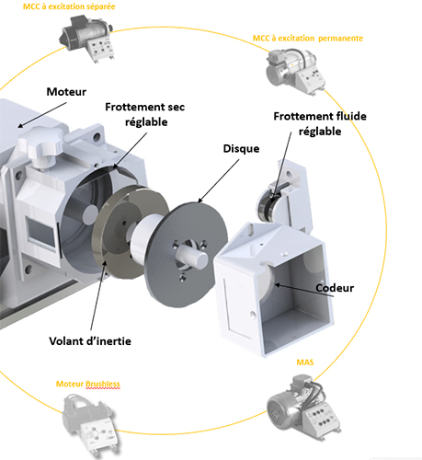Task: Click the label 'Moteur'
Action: (x=66, y=92)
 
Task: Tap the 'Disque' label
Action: (x=241, y=149)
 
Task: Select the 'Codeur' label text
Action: (x=335, y=288)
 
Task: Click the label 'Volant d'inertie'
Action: (x=90, y=341)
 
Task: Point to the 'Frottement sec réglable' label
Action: (x=145, y=114)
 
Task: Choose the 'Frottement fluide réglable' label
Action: (x=320, y=124)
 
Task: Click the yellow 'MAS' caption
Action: (x=305, y=362)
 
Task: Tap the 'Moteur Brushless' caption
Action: (x=88, y=384)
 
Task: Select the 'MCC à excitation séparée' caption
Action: (x=69, y=6)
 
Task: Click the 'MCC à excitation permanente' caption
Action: (x=308, y=39)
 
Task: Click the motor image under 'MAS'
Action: (x=304, y=407)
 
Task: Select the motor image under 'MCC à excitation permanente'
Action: (x=296, y=71)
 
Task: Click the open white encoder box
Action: (x=274, y=289)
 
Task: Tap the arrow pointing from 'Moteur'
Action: (x=42, y=115)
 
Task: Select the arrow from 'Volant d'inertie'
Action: (x=98, y=295)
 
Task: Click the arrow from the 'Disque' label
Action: (x=219, y=181)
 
